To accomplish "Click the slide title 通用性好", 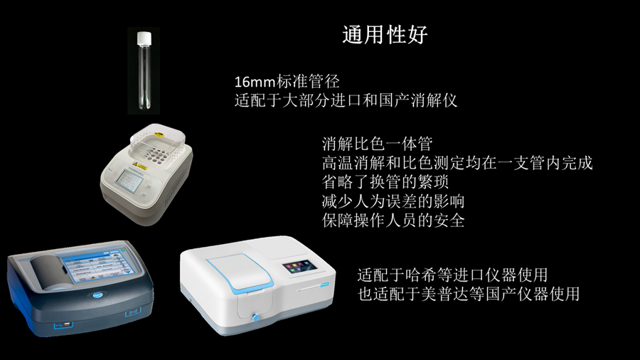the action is click(x=385, y=34).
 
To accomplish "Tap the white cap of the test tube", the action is click(x=144, y=38).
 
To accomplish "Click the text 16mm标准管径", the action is click(x=287, y=82).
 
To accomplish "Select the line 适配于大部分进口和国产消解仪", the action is click(x=346, y=100).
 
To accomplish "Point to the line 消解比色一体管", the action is click(x=377, y=144).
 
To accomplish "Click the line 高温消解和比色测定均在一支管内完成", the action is click(x=457, y=163).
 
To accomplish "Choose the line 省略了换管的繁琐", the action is click(x=385, y=182).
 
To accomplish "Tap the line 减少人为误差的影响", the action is click(x=393, y=201).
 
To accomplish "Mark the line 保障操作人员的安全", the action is click(x=393, y=221).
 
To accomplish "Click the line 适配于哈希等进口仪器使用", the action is click(x=453, y=275).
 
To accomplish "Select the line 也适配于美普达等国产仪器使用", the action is click(x=469, y=294).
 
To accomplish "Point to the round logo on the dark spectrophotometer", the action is click(x=98, y=295).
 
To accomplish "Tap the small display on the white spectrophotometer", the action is click(x=299, y=267).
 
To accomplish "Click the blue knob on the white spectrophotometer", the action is click(x=256, y=317).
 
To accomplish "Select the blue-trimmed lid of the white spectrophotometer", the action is click(x=240, y=276).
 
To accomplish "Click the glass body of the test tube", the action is click(x=144, y=78).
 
